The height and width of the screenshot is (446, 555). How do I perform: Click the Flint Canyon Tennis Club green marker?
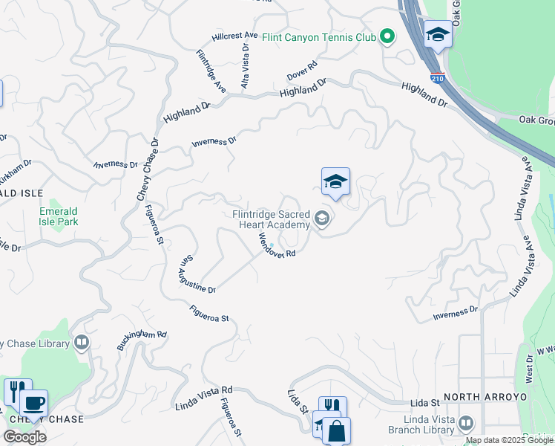click(x=387, y=36)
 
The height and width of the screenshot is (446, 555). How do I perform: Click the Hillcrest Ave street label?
click(x=234, y=36)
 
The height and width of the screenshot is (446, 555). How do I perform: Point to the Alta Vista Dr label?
click(x=245, y=67)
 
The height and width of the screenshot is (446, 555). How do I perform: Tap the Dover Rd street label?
click(x=303, y=71)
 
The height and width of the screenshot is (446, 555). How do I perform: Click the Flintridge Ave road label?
click(x=211, y=71)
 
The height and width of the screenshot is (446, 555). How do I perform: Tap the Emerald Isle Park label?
click(x=59, y=216)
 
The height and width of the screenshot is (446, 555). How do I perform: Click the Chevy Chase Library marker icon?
click(x=82, y=343)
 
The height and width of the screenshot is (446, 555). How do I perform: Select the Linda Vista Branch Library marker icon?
click(x=466, y=424)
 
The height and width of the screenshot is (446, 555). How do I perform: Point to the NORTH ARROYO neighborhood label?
click(x=485, y=397)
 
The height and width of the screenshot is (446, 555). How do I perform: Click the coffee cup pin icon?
click(x=33, y=403)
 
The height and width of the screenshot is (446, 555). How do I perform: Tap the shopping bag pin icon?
click(x=336, y=430)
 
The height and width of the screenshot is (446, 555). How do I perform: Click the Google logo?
click(x=24, y=437)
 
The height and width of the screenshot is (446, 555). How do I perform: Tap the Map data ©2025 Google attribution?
click(x=510, y=440)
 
